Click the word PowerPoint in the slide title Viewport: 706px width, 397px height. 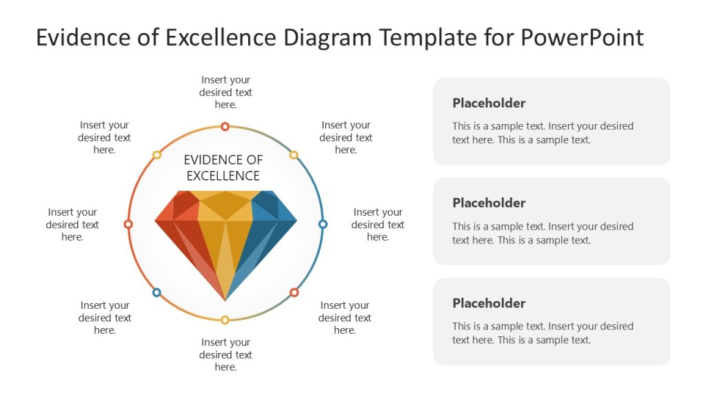pos(582,37)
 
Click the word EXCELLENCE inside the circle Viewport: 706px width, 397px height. pos(223,176)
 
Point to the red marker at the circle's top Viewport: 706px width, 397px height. pos(225,126)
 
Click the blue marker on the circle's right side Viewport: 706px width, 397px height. pos(323,224)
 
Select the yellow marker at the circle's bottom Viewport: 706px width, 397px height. pos(225,320)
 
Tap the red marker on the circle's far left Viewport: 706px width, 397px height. pos(128,224)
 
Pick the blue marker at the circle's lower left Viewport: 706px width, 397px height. pos(157,292)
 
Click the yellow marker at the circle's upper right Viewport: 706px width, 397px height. pos(293,155)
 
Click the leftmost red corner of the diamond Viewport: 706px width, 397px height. pos(156,221)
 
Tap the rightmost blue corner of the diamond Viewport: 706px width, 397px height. pos(296,221)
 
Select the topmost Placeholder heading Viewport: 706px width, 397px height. pos(489,103)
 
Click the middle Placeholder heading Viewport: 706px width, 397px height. pos(489,203)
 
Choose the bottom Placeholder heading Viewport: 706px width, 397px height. pos(489,303)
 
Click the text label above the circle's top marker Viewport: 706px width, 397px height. pos(225,92)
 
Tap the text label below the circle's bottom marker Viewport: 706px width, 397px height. pos(225,355)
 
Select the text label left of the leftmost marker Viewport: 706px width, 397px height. pos(72,225)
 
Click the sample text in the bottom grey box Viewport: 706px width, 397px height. pos(543,333)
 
